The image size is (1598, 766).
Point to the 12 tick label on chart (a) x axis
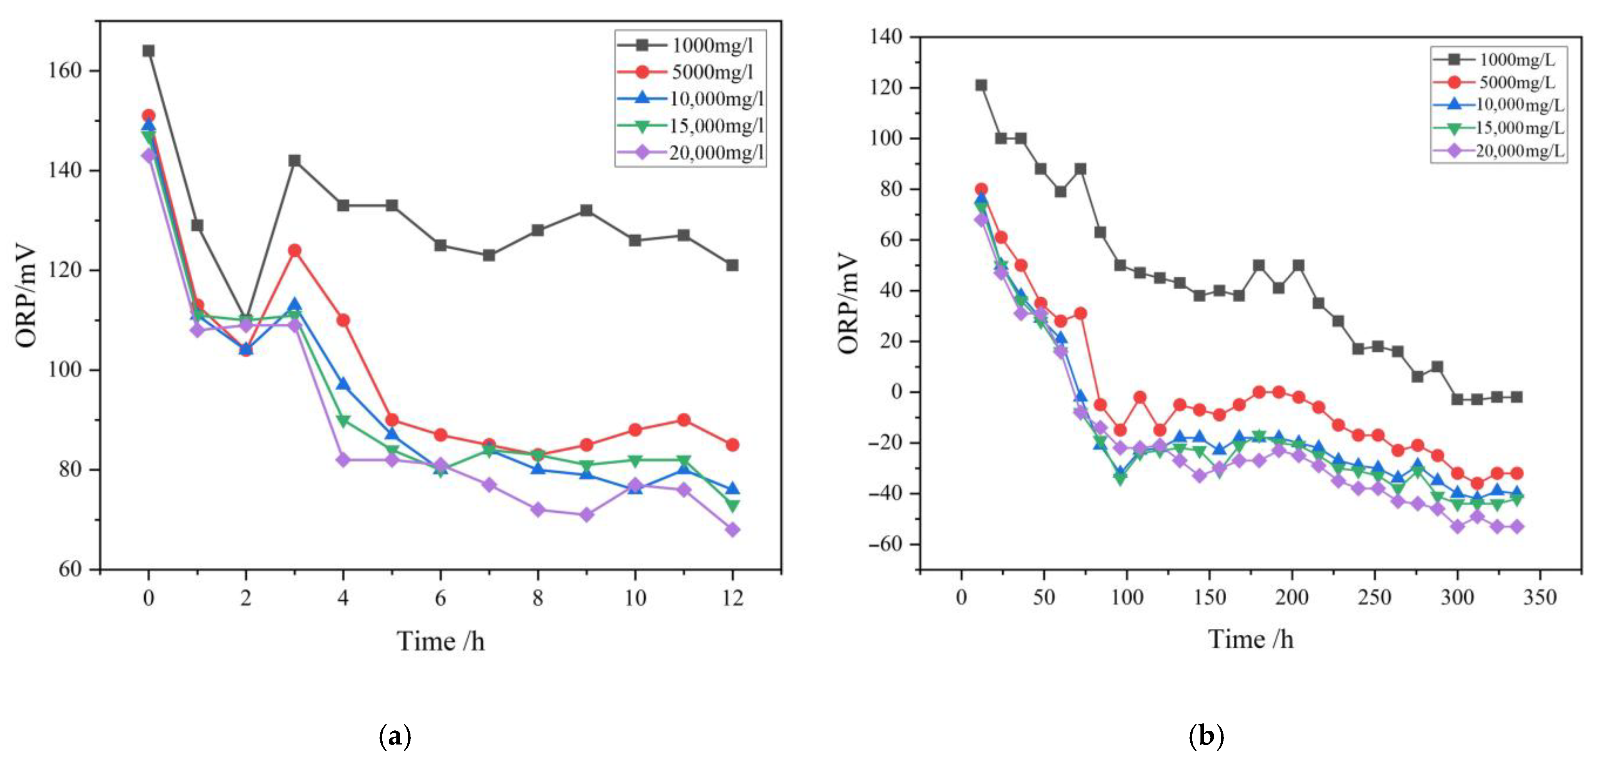(x=732, y=598)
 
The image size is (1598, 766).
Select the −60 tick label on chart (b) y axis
(x=885, y=544)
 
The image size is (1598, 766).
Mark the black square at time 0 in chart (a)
(x=148, y=51)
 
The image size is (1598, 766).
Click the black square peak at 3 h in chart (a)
(x=295, y=161)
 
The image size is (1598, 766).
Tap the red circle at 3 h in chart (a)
(x=295, y=251)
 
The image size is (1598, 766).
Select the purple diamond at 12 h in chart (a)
(x=732, y=530)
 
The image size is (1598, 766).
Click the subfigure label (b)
(x=1207, y=736)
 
